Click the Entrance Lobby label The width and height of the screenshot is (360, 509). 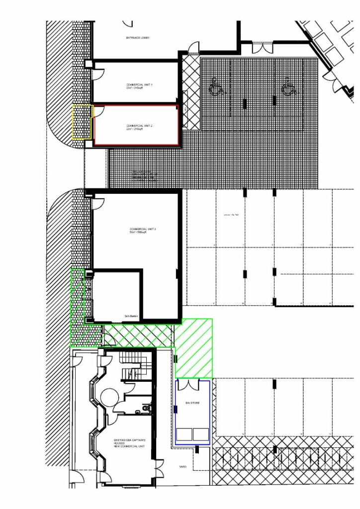[138, 38]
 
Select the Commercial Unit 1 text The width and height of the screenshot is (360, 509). [139, 86]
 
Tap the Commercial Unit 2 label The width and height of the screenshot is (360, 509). [139, 127]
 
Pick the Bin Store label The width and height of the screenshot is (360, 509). [192, 403]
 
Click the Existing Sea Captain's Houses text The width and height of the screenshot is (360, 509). [129, 443]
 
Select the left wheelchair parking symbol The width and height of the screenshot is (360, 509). [215, 87]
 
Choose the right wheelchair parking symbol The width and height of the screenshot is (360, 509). [288, 87]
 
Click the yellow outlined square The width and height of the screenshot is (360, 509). [83, 122]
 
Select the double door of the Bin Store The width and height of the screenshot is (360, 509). [193, 384]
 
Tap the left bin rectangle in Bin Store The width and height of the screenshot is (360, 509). [184, 435]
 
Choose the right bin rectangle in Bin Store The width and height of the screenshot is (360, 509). [201, 435]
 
